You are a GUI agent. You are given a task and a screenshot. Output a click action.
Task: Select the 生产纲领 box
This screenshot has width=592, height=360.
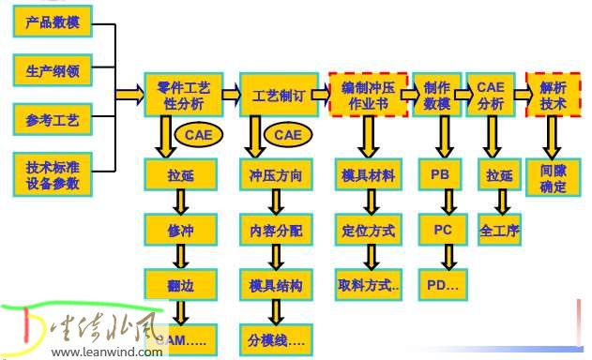coord(53,70)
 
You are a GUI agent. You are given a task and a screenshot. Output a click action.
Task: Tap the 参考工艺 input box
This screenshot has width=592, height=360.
coord(53,120)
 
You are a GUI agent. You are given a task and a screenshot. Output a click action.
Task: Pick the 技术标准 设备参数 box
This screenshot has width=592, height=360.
coord(53,174)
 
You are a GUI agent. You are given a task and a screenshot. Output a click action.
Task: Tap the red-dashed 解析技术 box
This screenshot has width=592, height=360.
coord(553,95)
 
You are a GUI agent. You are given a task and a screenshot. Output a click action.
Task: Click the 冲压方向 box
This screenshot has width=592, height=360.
coord(276,174)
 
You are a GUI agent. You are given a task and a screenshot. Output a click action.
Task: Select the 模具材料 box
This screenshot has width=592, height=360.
coord(367,174)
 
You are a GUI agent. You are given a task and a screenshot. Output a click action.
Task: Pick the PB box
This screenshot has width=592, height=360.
coord(440,174)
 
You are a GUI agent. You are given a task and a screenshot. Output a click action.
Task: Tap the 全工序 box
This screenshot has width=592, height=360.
coord(499,230)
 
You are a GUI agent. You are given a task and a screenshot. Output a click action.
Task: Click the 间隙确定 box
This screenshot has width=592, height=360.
coord(554,179)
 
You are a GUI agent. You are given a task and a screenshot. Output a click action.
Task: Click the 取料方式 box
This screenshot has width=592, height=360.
coord(367,284)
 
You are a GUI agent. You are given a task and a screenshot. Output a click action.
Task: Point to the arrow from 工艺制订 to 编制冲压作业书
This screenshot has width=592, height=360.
coord(319,94)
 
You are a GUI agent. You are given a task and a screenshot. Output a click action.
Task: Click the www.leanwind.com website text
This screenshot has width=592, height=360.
coord(108,352)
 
